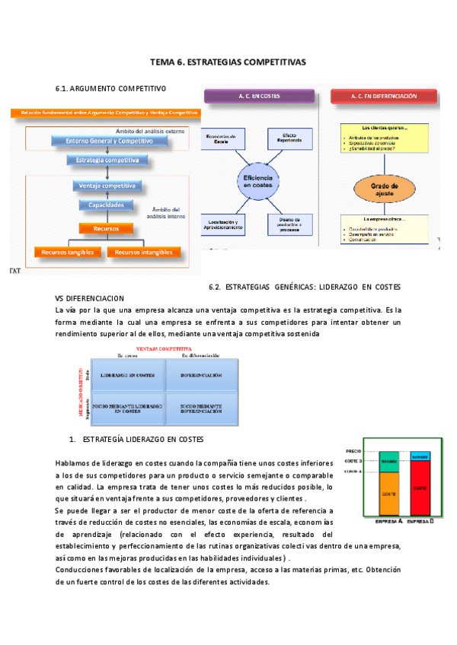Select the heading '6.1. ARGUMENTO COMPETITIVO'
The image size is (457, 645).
[x=108, y=88]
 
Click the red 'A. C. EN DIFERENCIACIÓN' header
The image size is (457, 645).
[x=385, y=97]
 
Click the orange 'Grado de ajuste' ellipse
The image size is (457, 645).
[x=384, y=187]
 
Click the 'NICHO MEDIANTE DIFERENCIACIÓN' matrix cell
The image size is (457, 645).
[x=201, y=411]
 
